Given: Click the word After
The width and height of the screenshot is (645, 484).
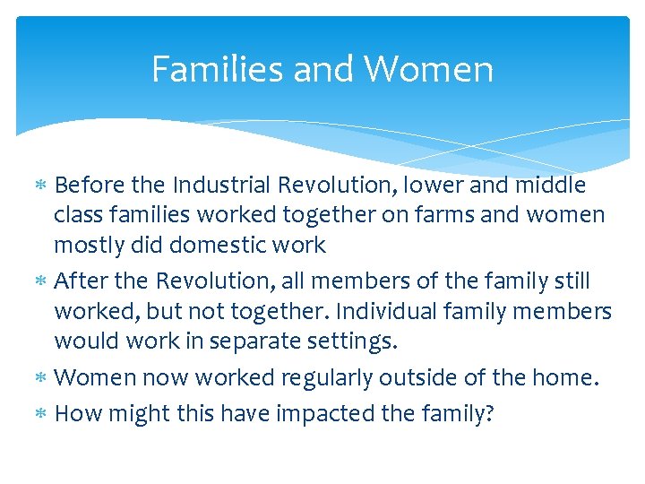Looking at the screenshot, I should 81,281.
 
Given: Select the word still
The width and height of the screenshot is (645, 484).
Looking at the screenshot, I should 567,281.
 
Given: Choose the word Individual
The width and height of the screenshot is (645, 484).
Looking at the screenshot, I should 405,311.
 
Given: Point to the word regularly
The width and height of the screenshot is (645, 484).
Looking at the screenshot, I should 330,378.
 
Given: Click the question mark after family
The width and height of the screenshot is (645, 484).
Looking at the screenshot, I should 489,413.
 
